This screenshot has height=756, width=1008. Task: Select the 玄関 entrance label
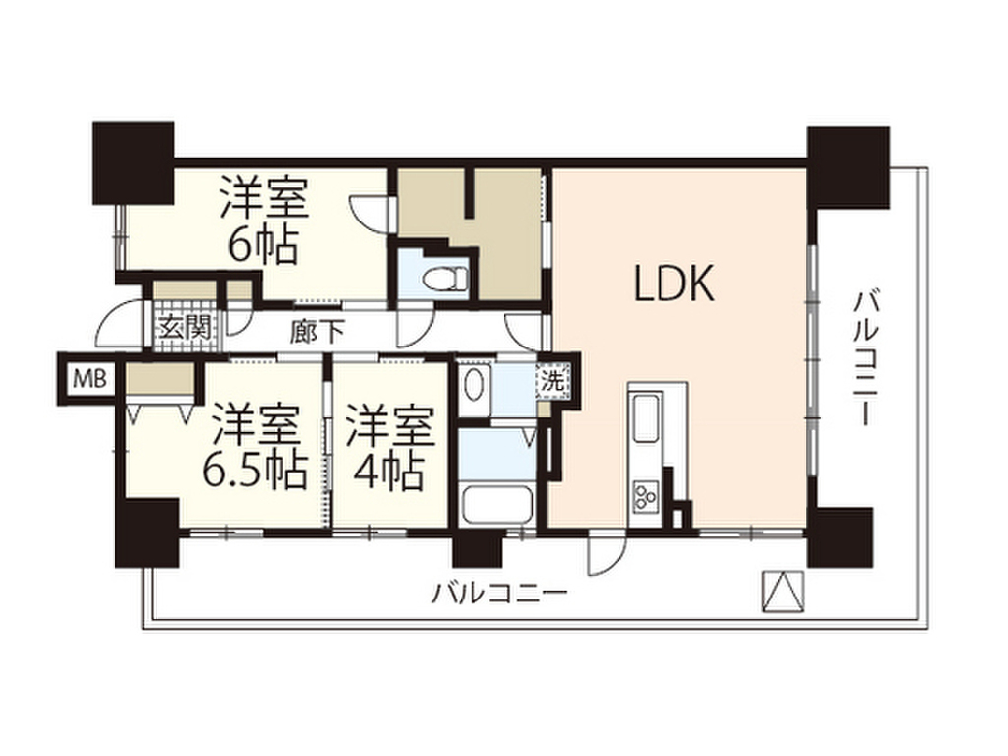184,327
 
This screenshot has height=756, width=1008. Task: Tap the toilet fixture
448,277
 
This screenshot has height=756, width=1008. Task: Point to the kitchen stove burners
646,495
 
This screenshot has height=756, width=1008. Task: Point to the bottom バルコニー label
500,594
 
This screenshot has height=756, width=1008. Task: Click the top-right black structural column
847,164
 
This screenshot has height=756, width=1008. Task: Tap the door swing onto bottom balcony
602,554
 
